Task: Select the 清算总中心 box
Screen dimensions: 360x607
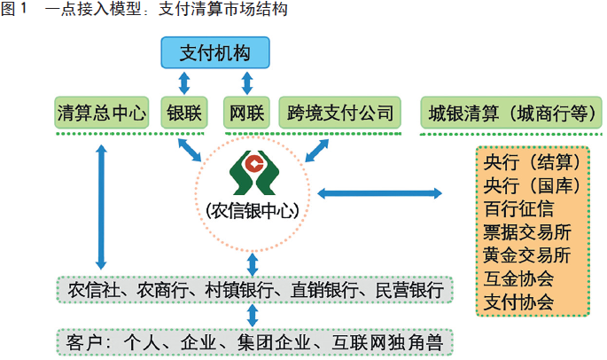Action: point(101,113)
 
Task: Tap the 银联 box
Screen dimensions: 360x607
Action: point(184,113)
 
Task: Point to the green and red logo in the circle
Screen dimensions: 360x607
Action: point(253,172)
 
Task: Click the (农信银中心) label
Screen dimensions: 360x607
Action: point(252,211)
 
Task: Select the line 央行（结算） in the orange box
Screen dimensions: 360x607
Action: point(532,164)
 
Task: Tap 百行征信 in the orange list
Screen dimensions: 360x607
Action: point(519,210)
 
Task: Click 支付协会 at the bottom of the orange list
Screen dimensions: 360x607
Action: point(519,301)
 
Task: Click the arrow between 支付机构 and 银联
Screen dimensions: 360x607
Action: point(184,83)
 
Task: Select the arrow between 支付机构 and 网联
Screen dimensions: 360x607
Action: point(246,83)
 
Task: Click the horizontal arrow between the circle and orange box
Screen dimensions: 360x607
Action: point(379,192)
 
